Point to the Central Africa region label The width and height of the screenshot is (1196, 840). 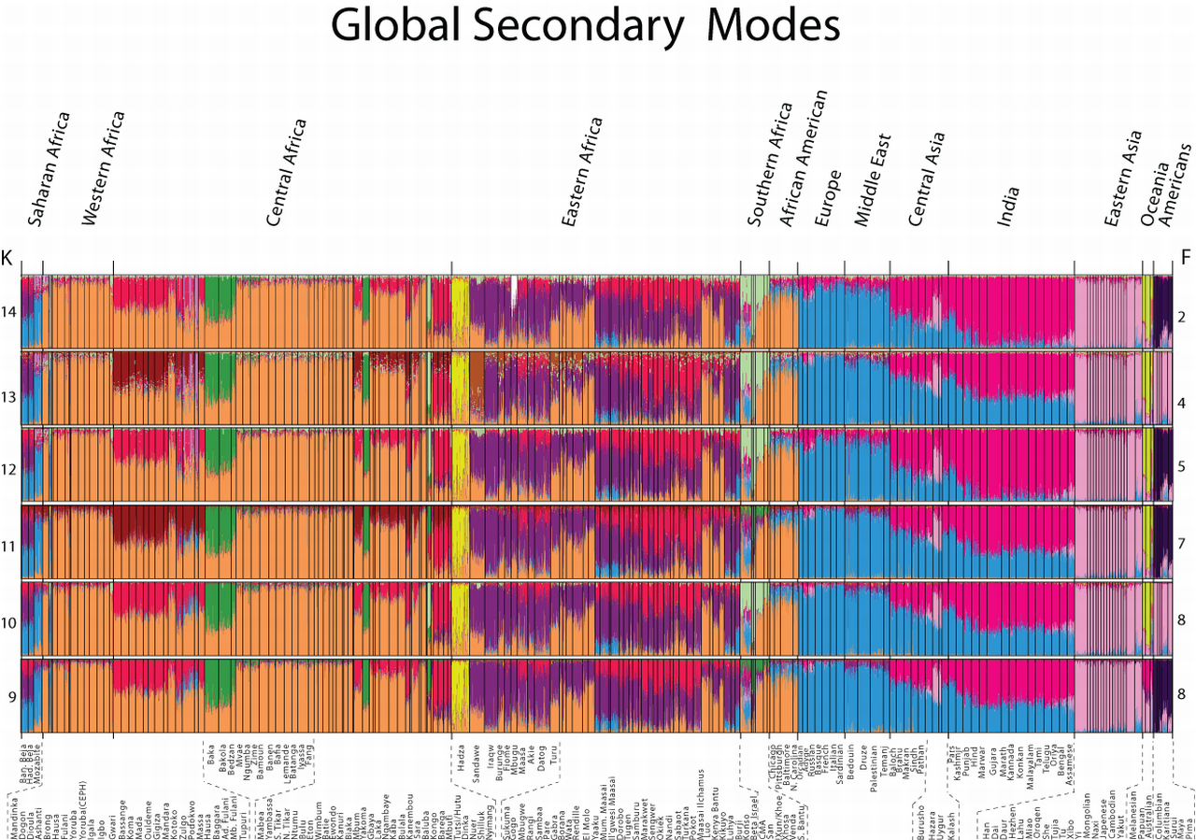pyautogui.click(x=285, y=174)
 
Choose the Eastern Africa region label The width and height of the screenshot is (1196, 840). pyautogui.click(x=581, y=174)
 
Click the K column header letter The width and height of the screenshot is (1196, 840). pyautogui.click(x=7, y=256)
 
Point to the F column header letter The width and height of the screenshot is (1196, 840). pyautogui.click(x=1185, y=256)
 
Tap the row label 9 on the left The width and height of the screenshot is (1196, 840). pyautogui.click(x=11, y=696)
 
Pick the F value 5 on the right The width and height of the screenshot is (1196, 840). pyautogui.click(x=1182, y=470)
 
